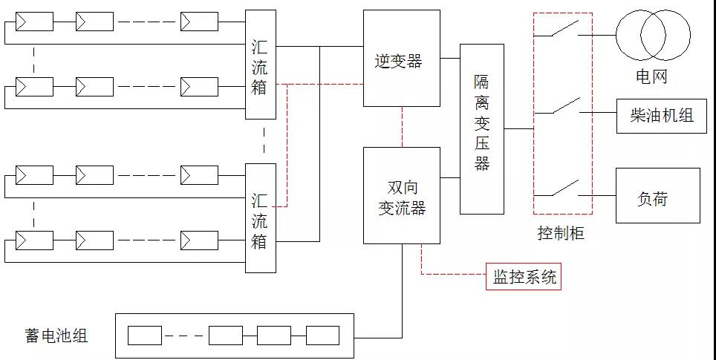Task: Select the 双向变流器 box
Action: [401, 195]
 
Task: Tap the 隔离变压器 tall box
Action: [481, 129]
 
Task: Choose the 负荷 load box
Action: [657, 195]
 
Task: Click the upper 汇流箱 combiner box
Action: [260, 65]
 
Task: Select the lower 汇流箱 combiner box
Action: [260, 218]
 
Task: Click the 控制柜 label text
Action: [561, 234]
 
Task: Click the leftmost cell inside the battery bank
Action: [144, 336]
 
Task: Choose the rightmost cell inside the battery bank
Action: [322, 336]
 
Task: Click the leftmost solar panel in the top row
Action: [35, 22]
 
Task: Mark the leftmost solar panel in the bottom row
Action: [35, 241]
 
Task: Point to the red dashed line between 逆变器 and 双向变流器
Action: [402, 126]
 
